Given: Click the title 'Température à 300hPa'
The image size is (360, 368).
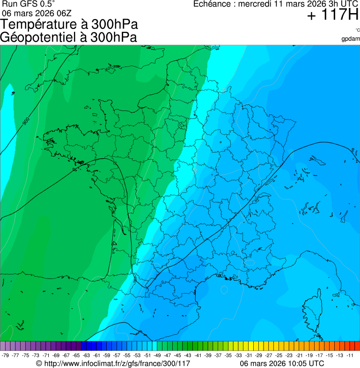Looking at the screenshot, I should pyautogui.click(x=69, y=25).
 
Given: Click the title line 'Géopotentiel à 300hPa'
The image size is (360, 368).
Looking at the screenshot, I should pyautogui.click(x=69, y=37).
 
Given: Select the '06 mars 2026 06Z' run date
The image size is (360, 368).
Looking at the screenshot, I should pyautogui.click(x=37, y=13).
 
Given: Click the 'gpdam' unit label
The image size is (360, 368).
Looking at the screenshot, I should pyautogui.click(x=351, y=38).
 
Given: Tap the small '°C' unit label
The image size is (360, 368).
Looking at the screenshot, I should pyautogui.click(x=357, y=30).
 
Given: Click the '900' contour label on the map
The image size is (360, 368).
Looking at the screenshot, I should pyautogui.click(x=26, y=121).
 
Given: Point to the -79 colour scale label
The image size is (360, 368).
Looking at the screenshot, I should pyautogui.click(x=5, y=355).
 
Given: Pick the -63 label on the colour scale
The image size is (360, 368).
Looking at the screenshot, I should pyautogui.click(x=86, y=355).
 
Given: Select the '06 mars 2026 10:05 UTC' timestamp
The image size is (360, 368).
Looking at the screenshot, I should pyautogui.click(x=282, y=363).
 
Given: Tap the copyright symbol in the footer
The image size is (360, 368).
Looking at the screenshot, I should pyautogui.click(x=39, y=363).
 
